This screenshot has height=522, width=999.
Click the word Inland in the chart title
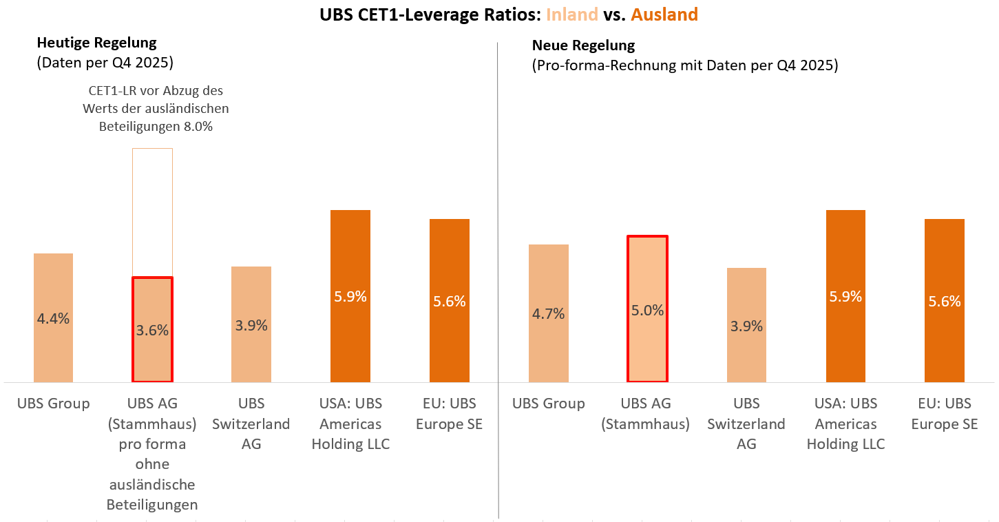[571, 14]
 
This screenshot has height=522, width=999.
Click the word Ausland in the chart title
[664, 14]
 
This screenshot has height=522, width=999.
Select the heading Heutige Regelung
[97, 43]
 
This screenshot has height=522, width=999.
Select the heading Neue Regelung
[583, 45]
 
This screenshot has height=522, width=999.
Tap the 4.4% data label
[53, 319]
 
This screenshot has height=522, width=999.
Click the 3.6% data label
[152, 330]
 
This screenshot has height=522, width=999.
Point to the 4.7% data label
[548, 313]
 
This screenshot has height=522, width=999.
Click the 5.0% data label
[647, 310]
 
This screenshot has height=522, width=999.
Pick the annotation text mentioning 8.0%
[156, 108]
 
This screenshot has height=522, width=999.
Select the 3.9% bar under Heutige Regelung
[251, 324]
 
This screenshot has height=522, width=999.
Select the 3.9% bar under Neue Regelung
[746, 325]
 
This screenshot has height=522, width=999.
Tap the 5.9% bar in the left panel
[350, 296]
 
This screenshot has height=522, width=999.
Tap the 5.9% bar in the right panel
[845, 296]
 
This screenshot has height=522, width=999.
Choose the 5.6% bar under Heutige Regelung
[449, 301]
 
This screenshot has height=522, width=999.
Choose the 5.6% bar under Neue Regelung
[944, 301]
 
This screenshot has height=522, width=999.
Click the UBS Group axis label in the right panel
[548, 404]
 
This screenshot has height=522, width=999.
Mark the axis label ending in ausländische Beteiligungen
[152, 454]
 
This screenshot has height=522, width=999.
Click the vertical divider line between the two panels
[498, 280]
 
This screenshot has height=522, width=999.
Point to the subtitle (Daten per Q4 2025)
[105, 63]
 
